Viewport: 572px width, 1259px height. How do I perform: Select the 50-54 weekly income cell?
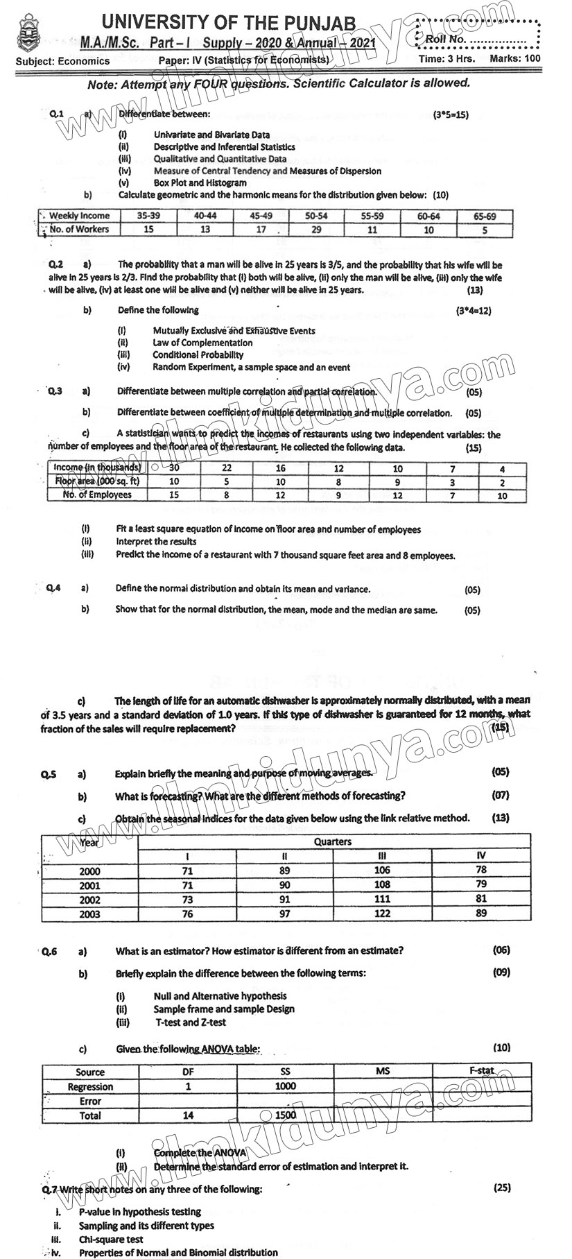click(x=316, y=216)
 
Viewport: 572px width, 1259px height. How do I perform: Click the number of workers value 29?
click(x=316, y=230)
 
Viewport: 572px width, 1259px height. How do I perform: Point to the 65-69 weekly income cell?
click(x=485, y=216)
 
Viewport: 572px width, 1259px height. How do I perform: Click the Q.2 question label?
click(x=55, y=264)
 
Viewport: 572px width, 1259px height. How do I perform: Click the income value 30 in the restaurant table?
click(x=173, y=468)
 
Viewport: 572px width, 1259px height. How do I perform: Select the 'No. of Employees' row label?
click(x=96, y=495)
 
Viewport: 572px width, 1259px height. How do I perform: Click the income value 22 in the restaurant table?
click(x=227, y=468)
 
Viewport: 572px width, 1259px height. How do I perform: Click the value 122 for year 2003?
click(x=382, y=914)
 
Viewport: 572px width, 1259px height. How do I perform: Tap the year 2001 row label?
click(x=89, y=885)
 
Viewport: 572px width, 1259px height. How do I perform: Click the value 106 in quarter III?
click(x=382, y=870)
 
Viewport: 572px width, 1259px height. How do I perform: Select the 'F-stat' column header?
click(x=481, y=1070)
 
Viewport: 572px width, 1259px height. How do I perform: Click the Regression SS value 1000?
click(x=285, y=1086)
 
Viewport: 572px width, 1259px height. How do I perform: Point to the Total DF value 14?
click(x=188, y=1115)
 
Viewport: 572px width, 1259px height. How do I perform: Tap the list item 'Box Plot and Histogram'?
click(x=200, y=183)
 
